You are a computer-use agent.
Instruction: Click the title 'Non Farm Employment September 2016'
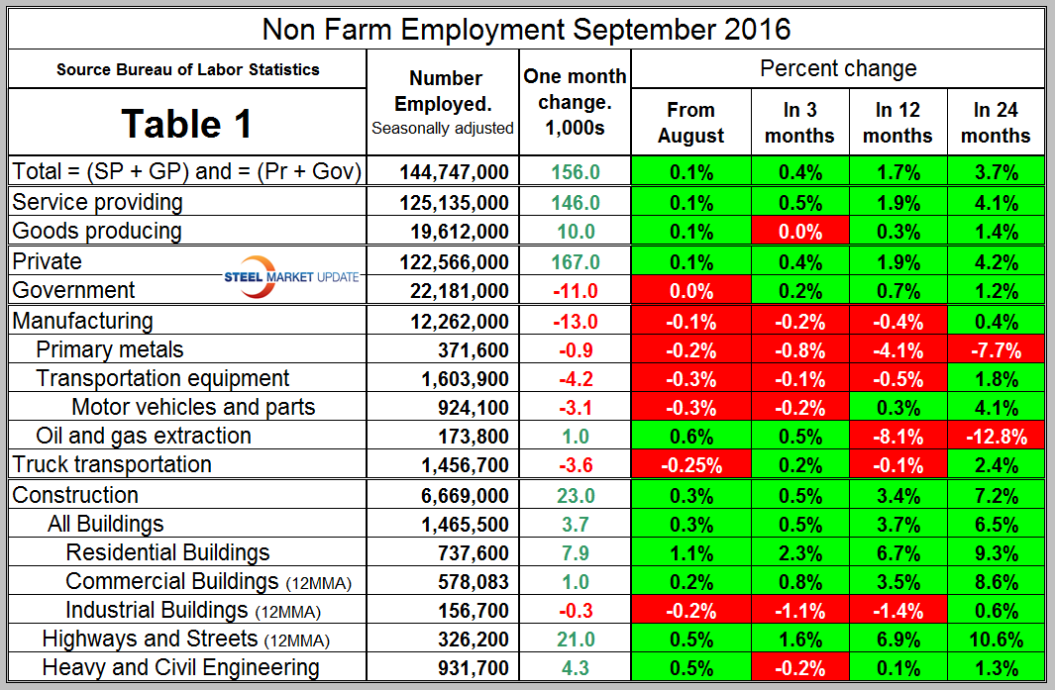(526, 28)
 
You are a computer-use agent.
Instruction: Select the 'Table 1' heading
(186, 124)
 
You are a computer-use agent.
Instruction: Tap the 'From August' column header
(690, 123)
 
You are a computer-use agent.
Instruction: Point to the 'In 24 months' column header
(996, 123)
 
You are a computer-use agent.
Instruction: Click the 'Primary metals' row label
(109, 349)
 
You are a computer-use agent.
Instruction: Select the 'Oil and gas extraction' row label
(143, 436)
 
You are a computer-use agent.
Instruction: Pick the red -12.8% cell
(996, 437)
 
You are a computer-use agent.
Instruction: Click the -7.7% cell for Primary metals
(996, 350)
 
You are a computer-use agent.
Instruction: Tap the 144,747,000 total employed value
(454, 172)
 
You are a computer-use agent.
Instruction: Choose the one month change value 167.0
(576, 262)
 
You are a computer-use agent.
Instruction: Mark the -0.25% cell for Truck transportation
(690, 465)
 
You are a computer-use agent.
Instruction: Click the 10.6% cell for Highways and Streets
(996, 640)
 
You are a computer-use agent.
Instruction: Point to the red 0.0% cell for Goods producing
(799, 232)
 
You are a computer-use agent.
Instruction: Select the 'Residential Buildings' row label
(167, 552)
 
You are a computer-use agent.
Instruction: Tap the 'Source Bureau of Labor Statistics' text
(187, 69)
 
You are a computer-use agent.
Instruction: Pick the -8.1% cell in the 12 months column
(897, 437)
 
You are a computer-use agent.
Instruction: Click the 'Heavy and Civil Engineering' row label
(180, 668)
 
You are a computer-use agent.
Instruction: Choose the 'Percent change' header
(837, 68)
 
